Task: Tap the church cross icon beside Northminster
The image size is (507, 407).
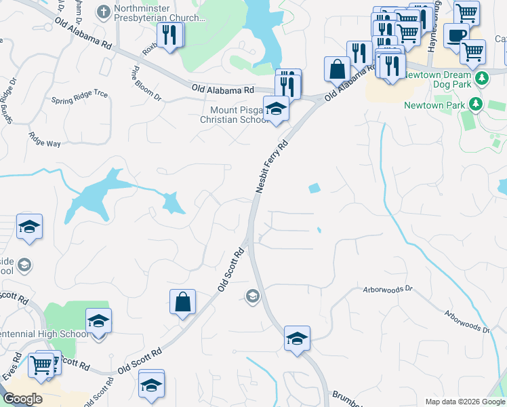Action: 103,11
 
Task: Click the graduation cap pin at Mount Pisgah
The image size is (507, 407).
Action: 276,109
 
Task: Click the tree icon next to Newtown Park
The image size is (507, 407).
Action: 476,104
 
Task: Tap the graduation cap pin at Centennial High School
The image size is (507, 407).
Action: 98,320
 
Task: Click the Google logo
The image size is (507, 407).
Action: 22,399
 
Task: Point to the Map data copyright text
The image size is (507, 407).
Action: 464,402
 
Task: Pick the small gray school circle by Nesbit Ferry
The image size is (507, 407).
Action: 252,295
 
